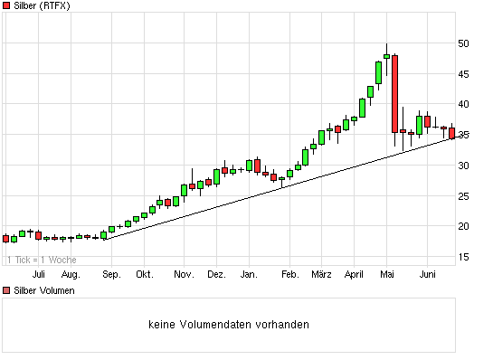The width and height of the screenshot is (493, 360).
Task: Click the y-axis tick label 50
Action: pyautogui.click(x=462, y=43)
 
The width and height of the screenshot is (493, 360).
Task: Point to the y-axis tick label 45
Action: pyautogui.click(x=462, y=74)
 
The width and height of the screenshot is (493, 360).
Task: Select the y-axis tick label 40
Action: pyautogui.click(x=462, y=104)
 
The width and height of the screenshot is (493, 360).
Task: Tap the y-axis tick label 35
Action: pyautogui.click(x=462, y=135)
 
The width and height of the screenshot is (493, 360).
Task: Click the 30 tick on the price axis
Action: pyautogui.click(x=462, y=166)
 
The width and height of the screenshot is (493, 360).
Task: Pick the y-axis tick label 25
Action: pyautogui.click(x=462, y=196)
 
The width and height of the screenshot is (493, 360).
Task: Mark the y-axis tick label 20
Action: pyautogui.click(x=462, y=226)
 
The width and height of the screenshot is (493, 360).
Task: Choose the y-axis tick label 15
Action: pyautogui.click(x=462, y=257)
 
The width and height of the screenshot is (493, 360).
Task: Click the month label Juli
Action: pyautogui.click(x=39, y=273)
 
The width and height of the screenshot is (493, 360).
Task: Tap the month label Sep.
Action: pyautogui.click(x=111, y=273)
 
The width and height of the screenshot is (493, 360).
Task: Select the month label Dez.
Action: pyautogui.click(x=216, y=273)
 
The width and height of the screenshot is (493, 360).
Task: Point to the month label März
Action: pyautogui.click(x=321, y=273)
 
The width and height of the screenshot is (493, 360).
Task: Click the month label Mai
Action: pyautogui.click(x=388, y=273)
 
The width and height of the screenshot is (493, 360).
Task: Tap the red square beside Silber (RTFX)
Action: pyautogui.click(x=7, y=6)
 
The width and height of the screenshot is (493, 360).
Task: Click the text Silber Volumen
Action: pyautogui.click(x=44, y=290)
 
